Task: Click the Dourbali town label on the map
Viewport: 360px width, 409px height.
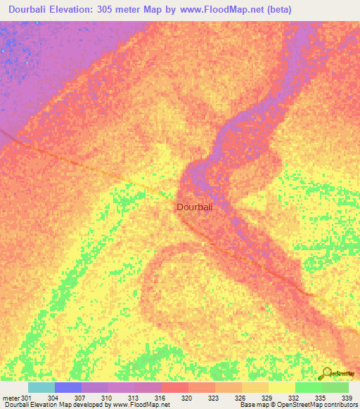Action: pos(195,207)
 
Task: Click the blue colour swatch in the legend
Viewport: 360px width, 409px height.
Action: pos(67,387)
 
